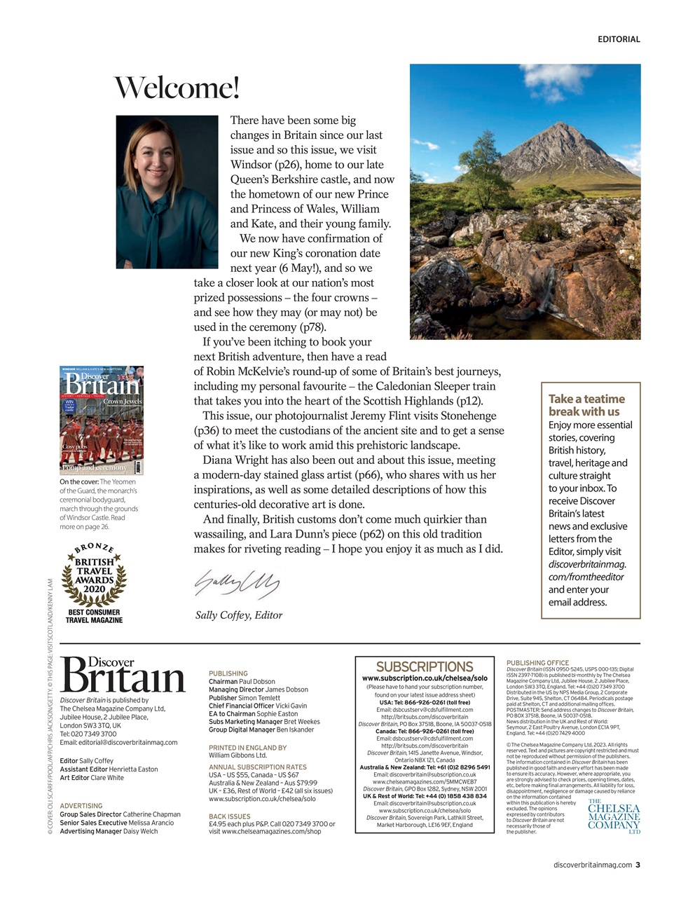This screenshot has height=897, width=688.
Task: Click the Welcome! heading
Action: point(177,88)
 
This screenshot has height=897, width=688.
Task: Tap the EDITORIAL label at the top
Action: point(618,39)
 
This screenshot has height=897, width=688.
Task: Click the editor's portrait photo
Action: point(167,192)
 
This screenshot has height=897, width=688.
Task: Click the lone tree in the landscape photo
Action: point(483,158)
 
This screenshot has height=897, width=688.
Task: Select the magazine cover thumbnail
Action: point(102,420)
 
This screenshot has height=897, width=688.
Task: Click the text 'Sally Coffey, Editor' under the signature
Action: point(238,615)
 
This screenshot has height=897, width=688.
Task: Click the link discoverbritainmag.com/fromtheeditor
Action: point(586,570)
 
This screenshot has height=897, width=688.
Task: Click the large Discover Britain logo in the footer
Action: point(123,675)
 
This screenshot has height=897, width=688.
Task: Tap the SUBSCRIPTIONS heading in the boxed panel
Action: point(425,666)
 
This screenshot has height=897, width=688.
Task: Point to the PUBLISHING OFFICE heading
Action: point(537,662)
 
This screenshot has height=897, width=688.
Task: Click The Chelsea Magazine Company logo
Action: point(614,816)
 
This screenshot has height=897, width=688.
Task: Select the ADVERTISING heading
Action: point(81,806)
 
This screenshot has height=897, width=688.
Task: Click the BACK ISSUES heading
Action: point(229,816)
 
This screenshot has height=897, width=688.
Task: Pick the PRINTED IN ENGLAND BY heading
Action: point(247,748)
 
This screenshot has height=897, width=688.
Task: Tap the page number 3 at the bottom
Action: point(638,865)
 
